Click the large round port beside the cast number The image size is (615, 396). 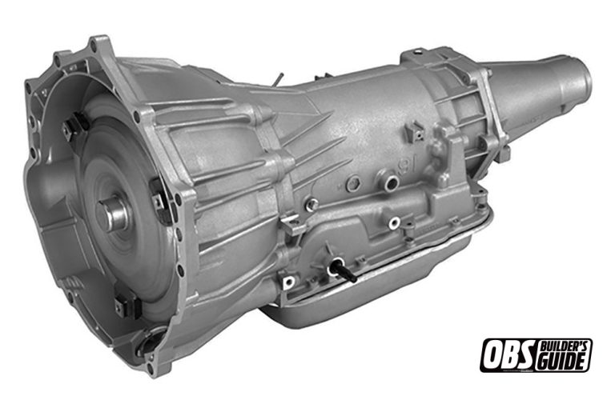click(x=389, y=184)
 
